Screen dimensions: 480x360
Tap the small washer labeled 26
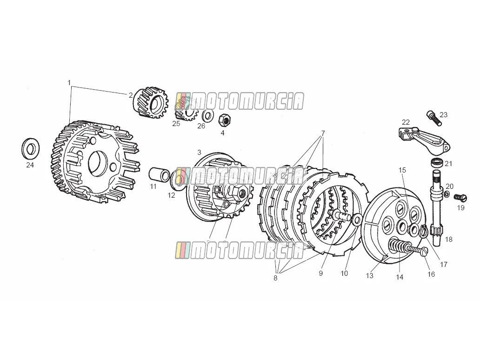point(208,116)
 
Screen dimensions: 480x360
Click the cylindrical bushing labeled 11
point(159,174)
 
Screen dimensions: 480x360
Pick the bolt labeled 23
point(433,118)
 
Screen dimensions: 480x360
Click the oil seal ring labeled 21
point(437,162)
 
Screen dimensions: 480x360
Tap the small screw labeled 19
point(460,198)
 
